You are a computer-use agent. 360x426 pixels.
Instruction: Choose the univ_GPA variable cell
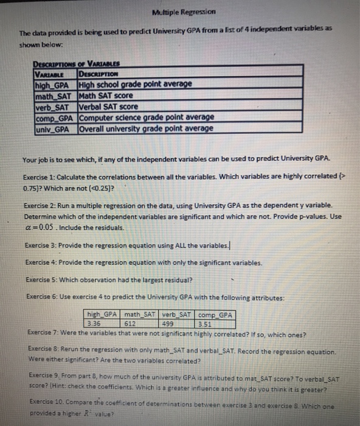tap(55, 128)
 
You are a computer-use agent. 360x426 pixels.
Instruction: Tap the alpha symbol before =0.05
tap(28, 227)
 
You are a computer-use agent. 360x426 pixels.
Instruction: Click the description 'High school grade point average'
tap(135, 83)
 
